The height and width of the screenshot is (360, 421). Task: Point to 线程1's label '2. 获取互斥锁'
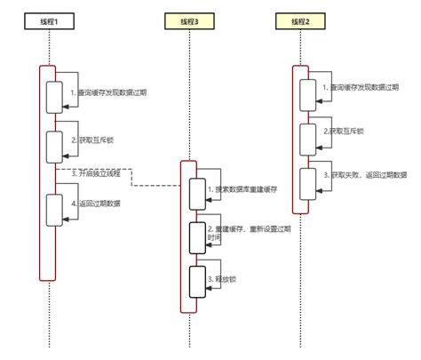pos(92,140)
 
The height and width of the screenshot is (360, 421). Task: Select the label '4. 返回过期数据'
pos(96,204)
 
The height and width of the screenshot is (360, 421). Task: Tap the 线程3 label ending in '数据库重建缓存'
pos(242,189)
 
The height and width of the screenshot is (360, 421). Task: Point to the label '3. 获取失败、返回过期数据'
pos(369,175)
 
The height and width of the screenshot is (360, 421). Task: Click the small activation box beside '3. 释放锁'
pos(196,278)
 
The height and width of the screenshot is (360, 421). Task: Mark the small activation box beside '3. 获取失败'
pos(306,183)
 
